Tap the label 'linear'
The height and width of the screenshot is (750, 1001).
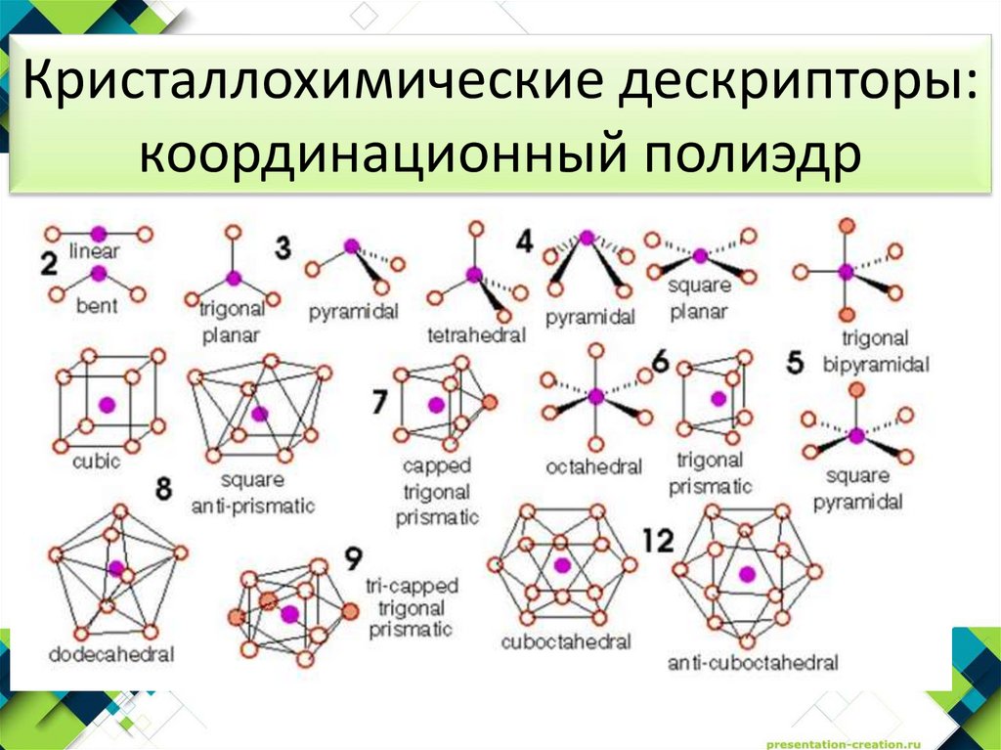pos(95,251)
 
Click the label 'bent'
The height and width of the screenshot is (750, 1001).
pos(97,305)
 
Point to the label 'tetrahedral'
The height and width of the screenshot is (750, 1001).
pos(477,335)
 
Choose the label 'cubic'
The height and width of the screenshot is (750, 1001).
pos(97,461)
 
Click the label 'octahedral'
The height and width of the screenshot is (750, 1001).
pos(595,466)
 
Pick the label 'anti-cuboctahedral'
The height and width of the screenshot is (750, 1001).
pos(753,663)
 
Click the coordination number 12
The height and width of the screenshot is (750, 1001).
pos(660,540)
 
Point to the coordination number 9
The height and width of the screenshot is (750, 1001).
pos(353,559)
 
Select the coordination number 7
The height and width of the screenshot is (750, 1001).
pos(380,401)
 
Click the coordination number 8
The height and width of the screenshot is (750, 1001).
pos(163,486)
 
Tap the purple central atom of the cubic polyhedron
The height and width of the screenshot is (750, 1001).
pos(108,403)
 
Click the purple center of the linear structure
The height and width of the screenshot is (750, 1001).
pos(98,234)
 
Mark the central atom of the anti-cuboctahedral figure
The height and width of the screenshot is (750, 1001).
pos(748,574)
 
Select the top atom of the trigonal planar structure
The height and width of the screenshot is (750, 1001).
pos(233,232)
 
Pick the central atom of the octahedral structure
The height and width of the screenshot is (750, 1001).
pos(595,396)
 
